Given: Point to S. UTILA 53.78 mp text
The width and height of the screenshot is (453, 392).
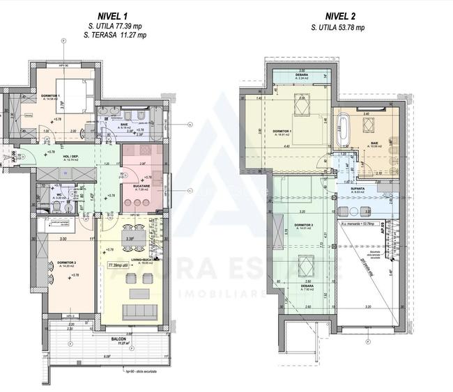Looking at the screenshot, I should coord(338,27).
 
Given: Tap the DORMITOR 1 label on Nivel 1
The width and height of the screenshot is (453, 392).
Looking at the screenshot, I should coord(49,97).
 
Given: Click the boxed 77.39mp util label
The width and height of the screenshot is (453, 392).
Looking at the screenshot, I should coord(121,265).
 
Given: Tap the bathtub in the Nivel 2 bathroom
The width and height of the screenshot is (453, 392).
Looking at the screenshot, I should coord(342,129).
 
